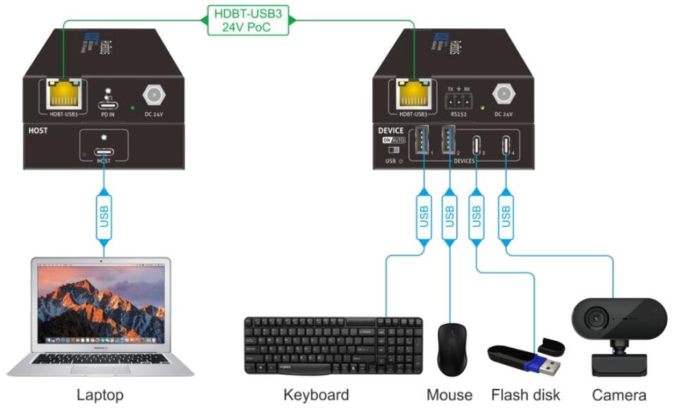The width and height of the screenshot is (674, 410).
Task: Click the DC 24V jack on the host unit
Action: pos(152,95)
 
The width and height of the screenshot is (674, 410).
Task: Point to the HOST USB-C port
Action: pos(104,152)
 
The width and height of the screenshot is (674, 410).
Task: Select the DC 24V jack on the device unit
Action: pos(503,94)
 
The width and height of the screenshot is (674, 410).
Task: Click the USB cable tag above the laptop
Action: pos(104,214)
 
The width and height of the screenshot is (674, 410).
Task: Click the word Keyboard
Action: pos(316,394)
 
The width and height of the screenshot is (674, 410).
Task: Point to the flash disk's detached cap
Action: pos(551,345)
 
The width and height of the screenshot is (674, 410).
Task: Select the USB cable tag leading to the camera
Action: pos(505,214)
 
